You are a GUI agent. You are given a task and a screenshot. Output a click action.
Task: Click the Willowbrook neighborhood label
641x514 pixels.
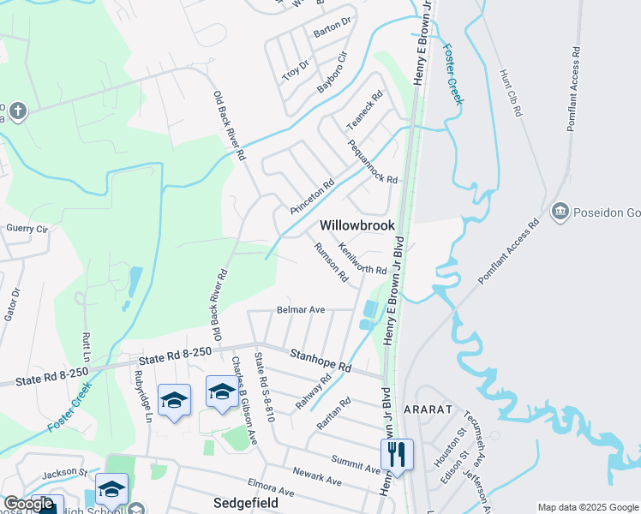tap(357, 225)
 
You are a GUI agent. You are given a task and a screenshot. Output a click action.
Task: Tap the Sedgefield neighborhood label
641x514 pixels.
tap(245, 503)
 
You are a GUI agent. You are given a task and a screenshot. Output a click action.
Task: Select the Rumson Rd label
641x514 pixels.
tap(331, 261)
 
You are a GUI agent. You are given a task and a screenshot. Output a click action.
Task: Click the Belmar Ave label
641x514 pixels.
tap(300, 309)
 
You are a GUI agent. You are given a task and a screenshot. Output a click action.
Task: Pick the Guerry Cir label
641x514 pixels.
tap(27, 229)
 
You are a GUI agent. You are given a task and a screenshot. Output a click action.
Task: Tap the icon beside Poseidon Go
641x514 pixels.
tap(560, 209)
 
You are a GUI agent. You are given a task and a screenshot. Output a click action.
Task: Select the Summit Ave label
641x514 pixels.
tap(361, 464)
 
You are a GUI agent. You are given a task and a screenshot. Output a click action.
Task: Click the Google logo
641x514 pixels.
tap(28, 504)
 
